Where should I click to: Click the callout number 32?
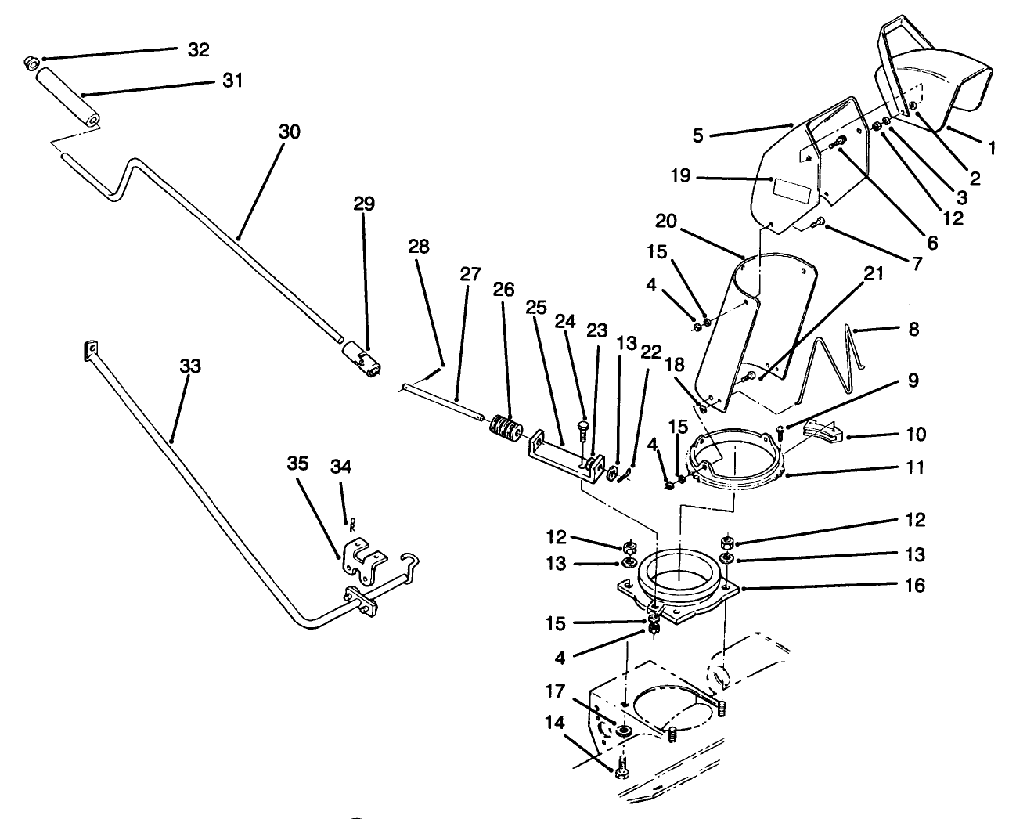[x=199, y=49]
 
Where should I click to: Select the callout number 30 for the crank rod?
[x=289, y=132]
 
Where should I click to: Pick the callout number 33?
[x=190, y=366]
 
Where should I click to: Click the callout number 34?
[x=340, y=467]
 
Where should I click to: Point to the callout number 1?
[x=992, y=146]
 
